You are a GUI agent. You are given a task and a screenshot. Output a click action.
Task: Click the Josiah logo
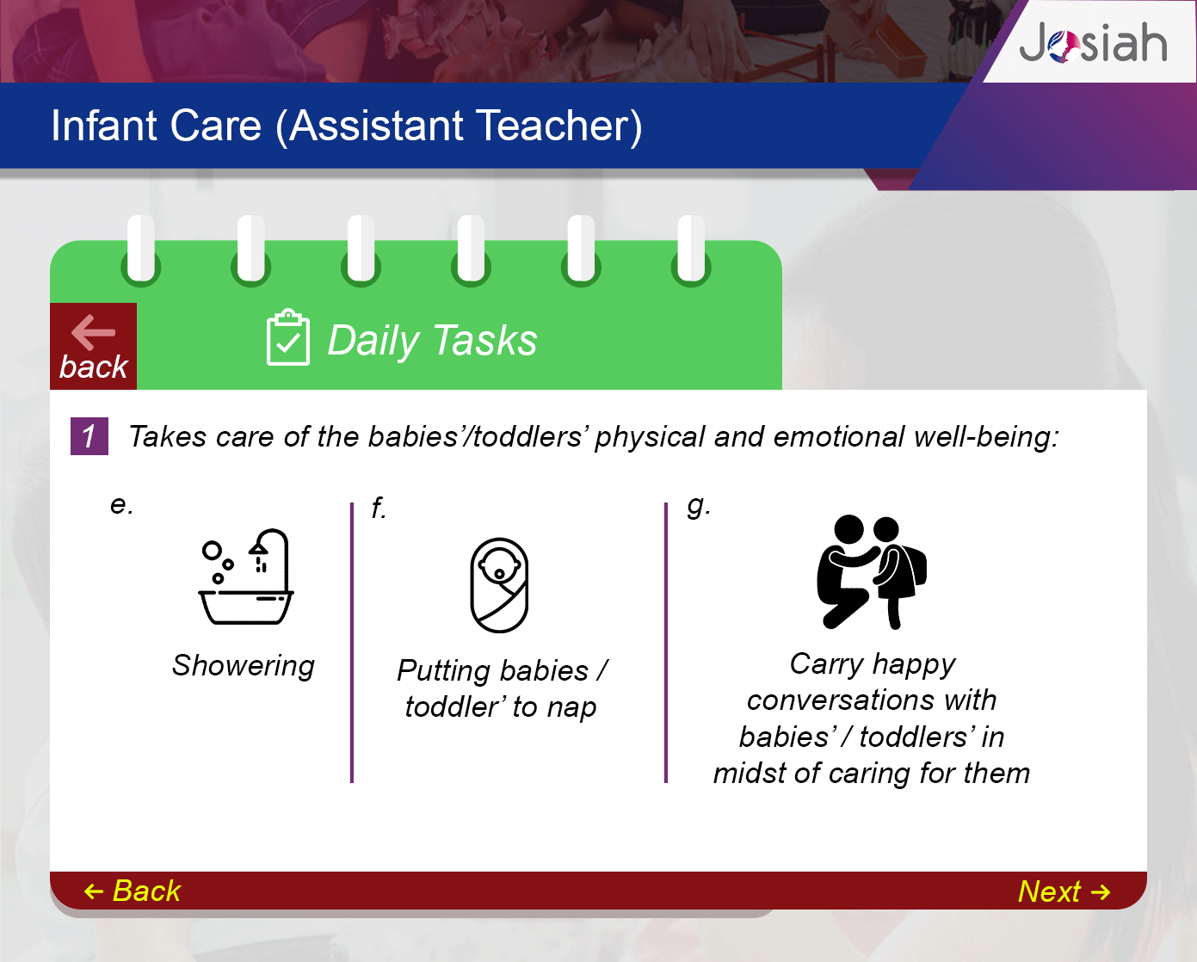[x=1093, y=43]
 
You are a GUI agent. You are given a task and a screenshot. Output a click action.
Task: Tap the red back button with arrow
[x=94, y=346]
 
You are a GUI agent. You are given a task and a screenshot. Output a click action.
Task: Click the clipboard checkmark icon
[x=288, y=337]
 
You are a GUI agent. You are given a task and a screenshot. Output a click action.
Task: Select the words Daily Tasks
[x=432, y=340]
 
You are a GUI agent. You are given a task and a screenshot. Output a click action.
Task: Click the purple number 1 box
[x=89, y=436]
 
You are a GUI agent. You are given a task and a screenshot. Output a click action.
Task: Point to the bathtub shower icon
[x=246, y=577]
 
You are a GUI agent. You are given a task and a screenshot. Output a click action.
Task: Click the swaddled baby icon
[x=499, y=585]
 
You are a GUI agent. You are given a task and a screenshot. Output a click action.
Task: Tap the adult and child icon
[x=871, y=572]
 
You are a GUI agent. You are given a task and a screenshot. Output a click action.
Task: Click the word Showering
[x=243, y=666]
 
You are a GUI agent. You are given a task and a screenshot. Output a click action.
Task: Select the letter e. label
[x=121, y=505]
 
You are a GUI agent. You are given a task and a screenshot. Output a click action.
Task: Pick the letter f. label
[x=379, y=508]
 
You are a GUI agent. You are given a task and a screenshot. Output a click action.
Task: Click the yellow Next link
[x=1064, y=891]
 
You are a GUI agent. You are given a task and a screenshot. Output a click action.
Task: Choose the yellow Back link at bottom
[x=133, y=891]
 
